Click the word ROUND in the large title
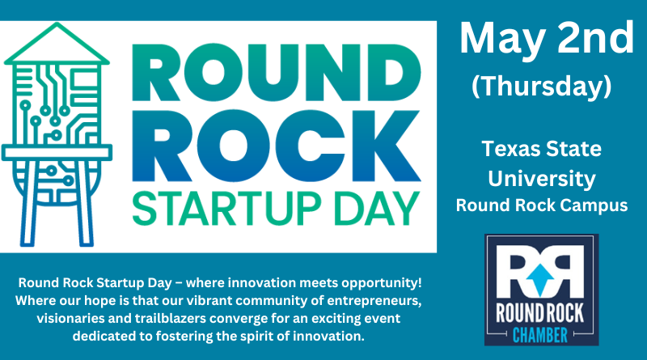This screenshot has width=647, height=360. point(277,74)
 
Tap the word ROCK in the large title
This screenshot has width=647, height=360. point(277,146)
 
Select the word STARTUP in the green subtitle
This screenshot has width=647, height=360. point(226,209)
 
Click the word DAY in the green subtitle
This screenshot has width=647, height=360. point(376,209)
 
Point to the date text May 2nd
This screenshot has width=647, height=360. point(547,38)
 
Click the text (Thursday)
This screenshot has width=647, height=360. point(542,87)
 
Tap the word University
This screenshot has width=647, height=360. point(542,179)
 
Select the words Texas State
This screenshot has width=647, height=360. point(541,149)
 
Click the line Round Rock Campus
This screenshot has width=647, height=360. point(542,205)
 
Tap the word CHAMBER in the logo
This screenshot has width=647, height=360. point(540,335)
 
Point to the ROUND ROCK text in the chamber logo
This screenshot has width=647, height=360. point(540,313)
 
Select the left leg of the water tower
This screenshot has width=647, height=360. point(30,203)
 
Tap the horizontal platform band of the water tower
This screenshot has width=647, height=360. point(57,152)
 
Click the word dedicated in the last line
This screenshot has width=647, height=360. point(105,336)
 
